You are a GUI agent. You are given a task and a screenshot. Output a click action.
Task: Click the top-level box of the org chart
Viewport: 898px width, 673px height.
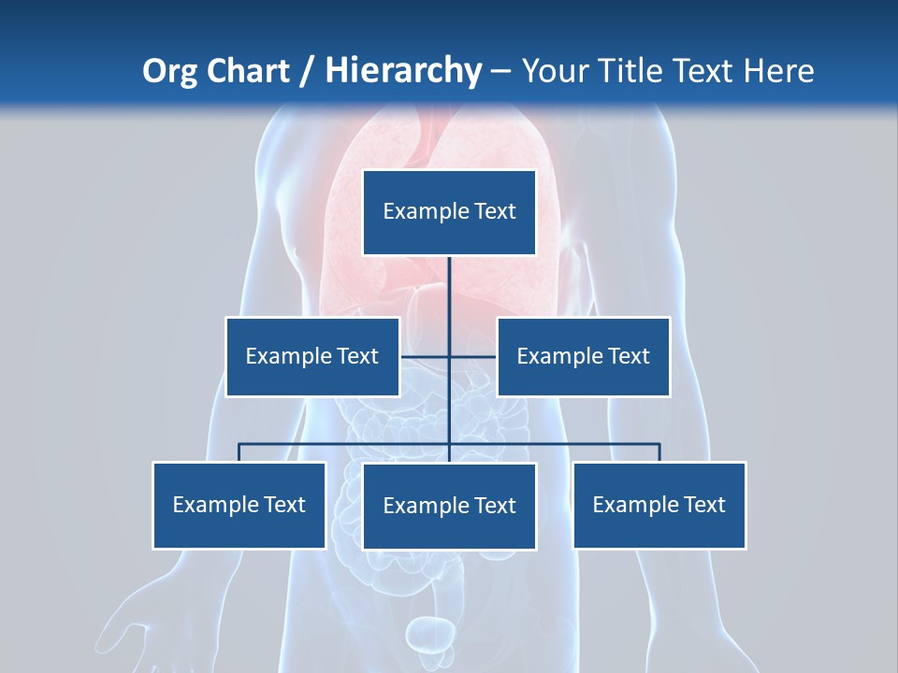449,212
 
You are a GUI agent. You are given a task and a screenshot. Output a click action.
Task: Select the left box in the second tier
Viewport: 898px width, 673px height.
312,356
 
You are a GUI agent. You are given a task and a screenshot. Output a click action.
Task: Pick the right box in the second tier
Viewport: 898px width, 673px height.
584,356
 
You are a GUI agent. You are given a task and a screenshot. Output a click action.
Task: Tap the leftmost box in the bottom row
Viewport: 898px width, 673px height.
239,505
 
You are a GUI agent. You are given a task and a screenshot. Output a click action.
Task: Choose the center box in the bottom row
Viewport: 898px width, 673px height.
449,506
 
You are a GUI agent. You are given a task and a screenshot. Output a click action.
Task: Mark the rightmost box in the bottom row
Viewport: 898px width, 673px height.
659,505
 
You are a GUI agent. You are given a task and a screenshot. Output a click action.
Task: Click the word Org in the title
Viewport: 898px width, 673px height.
169,71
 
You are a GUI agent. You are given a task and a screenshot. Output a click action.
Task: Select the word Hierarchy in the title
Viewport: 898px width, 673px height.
403,71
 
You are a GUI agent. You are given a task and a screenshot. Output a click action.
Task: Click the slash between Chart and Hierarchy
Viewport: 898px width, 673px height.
307,71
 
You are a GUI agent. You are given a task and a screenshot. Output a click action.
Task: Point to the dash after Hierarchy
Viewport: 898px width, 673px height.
500,72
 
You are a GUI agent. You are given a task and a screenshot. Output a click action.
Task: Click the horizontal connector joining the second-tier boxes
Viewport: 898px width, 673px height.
472,356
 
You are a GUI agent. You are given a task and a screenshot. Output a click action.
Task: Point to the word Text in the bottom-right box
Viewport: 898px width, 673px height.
704,505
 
